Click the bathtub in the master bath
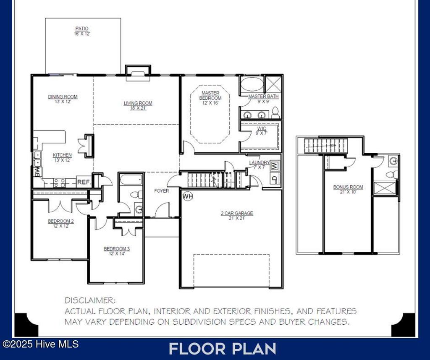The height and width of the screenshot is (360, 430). click(x=251, y=84)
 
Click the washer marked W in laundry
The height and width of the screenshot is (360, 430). click(x=274, y=166)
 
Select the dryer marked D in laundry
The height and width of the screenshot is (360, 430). click(x=274, y=178)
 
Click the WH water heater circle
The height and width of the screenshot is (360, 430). click(x=187, y=196)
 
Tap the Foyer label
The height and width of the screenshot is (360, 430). click(x=162, y=191)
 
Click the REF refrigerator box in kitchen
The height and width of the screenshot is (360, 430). click(x=83, y=182)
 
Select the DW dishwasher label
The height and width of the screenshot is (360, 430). click(x=37, y=172)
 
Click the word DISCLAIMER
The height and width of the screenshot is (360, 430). click(x=90, y=300)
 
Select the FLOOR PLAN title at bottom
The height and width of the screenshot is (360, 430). click(x=223, y=349)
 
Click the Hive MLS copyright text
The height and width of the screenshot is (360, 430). click(x=41, y=344)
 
